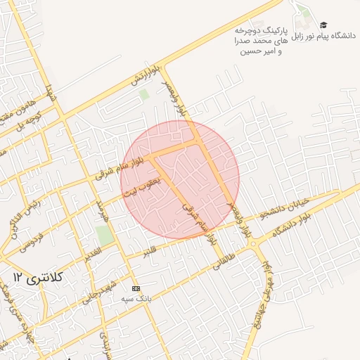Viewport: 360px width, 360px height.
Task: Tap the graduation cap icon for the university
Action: pyautogui.click(x=323, y=25)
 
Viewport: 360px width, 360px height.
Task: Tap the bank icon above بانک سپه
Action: pyautogui.click(x=136, y=288)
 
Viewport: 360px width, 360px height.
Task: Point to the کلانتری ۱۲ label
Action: pyautogui.click(x=38, y=278)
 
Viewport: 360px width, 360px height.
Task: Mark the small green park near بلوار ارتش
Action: pyautogui.click(x=144, y=94)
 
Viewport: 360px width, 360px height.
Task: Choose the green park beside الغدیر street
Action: pyautogui.click(x=105, y=235)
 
